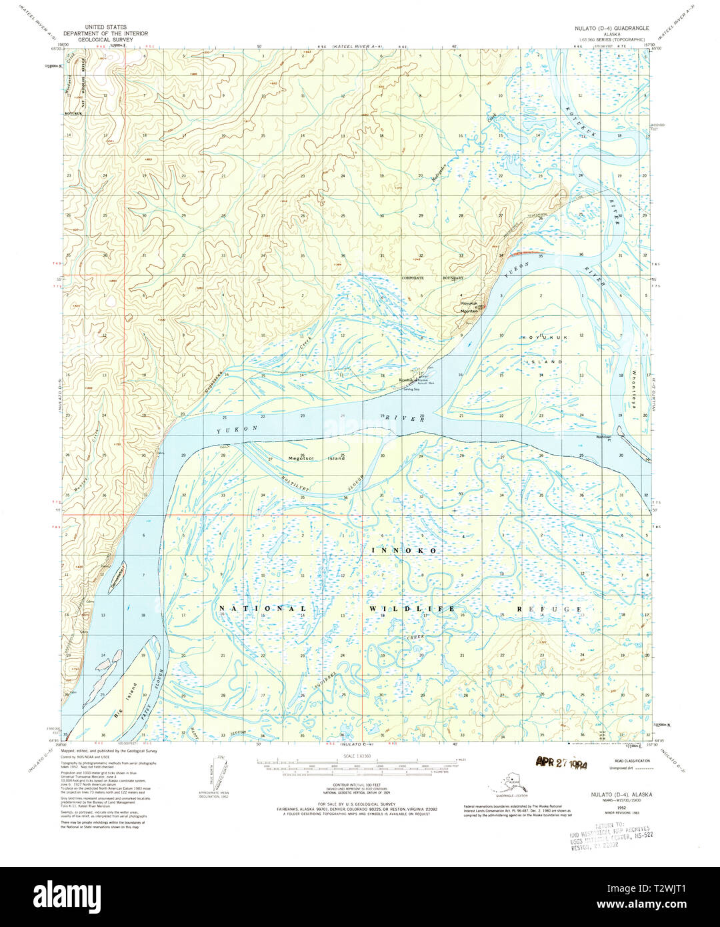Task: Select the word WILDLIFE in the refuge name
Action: tap(409, 609)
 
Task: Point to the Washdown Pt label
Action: tap(608, 438)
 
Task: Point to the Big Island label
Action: tap(125, 699)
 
